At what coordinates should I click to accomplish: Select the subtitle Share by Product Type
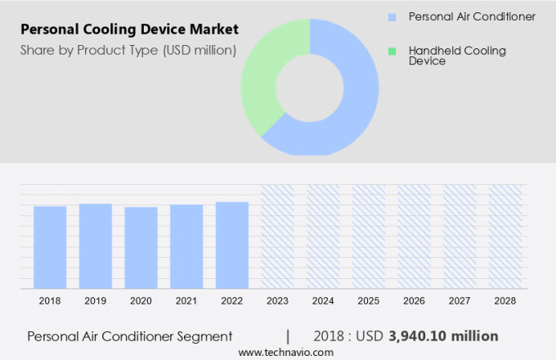(128, 51)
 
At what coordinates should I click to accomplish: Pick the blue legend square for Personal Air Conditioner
(392, 16)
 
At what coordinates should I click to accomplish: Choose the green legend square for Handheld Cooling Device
(392, 51)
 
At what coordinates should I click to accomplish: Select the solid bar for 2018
(50, 247)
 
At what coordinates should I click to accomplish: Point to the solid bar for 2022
(232, 245)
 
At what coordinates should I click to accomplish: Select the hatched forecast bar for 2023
(277, 236)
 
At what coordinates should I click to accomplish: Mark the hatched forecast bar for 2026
(414, 236)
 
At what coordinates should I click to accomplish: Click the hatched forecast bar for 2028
(504, 236)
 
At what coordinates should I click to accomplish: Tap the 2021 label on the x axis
(186, 301)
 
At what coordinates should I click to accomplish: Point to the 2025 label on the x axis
(368, 301)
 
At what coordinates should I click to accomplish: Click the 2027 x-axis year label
(460, 301)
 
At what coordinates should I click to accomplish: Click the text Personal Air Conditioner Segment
(130, 336)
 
